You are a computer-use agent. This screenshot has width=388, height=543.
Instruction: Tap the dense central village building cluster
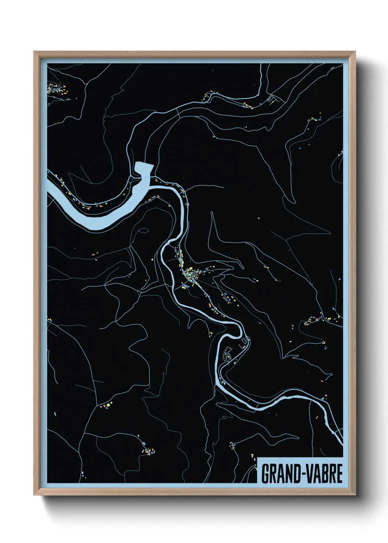(191, 273)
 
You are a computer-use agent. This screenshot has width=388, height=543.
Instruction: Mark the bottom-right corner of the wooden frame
(355, 495)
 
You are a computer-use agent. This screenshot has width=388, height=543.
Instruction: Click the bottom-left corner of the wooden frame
(34, 495)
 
